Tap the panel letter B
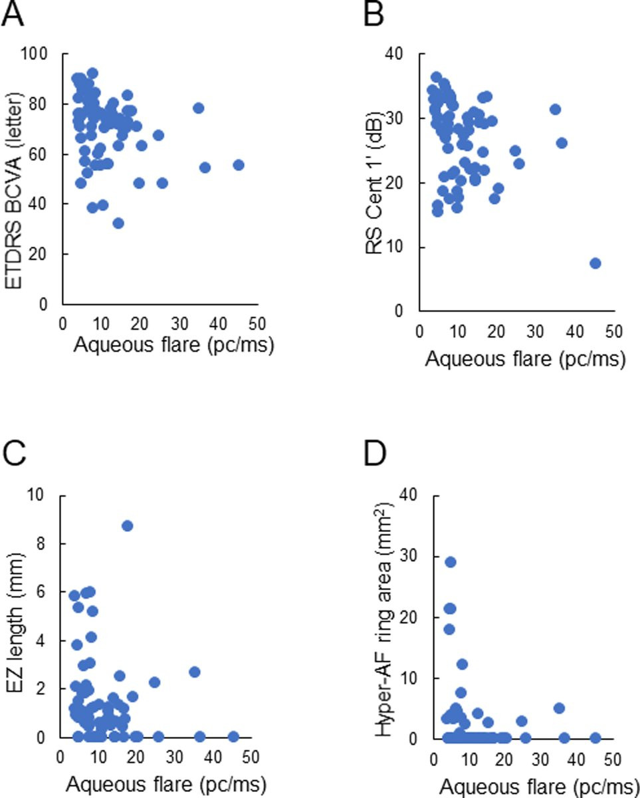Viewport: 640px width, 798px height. click(x=373, y=15)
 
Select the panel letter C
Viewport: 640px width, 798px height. click(x=15, y=456)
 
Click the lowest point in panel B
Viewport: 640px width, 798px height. click(x=595, y=263)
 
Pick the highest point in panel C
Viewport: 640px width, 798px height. click(x=127, y=526)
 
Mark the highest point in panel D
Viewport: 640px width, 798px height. click(x=450, y=562)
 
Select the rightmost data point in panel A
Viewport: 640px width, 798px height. click(x=238, y=165)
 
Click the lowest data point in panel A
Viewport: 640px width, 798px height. click(x=118, y=223)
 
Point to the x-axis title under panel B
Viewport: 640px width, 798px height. click(x=525, y=360)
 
